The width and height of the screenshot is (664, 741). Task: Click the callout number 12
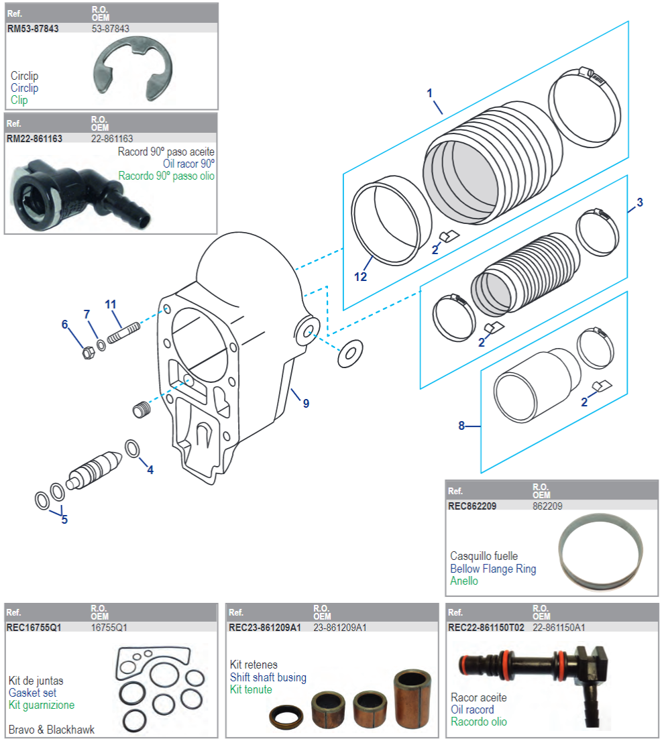(x=361, y=276)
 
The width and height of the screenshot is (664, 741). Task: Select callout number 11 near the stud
(x=111, y=304)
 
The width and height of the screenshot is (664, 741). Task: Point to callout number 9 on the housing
(x=306, y=404)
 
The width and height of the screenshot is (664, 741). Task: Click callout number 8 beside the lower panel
(x=461, y=426)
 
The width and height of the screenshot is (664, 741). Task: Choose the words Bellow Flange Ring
(x=493, y=569)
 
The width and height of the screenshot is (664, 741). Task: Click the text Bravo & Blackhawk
(x=52, y=730)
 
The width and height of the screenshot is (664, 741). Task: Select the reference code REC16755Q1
(x=34, y=628)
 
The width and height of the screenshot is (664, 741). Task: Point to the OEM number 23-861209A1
(x=339, y=628)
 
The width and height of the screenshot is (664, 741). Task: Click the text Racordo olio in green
(x=479, y=722)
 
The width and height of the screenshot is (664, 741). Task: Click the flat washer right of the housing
(x=347, y=354)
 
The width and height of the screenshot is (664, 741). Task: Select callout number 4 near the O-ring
(x=150, y=470)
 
